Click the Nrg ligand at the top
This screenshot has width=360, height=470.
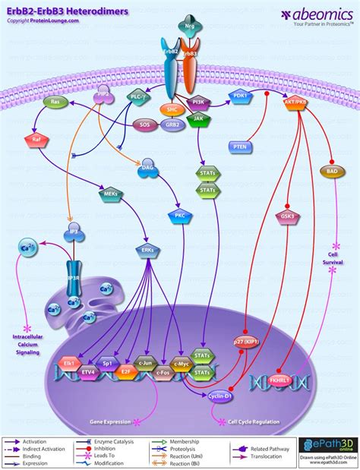click(x=189, y=27)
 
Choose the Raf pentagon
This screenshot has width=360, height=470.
click(x=33, y=139)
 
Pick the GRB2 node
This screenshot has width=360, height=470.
click(x=174, y=124)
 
